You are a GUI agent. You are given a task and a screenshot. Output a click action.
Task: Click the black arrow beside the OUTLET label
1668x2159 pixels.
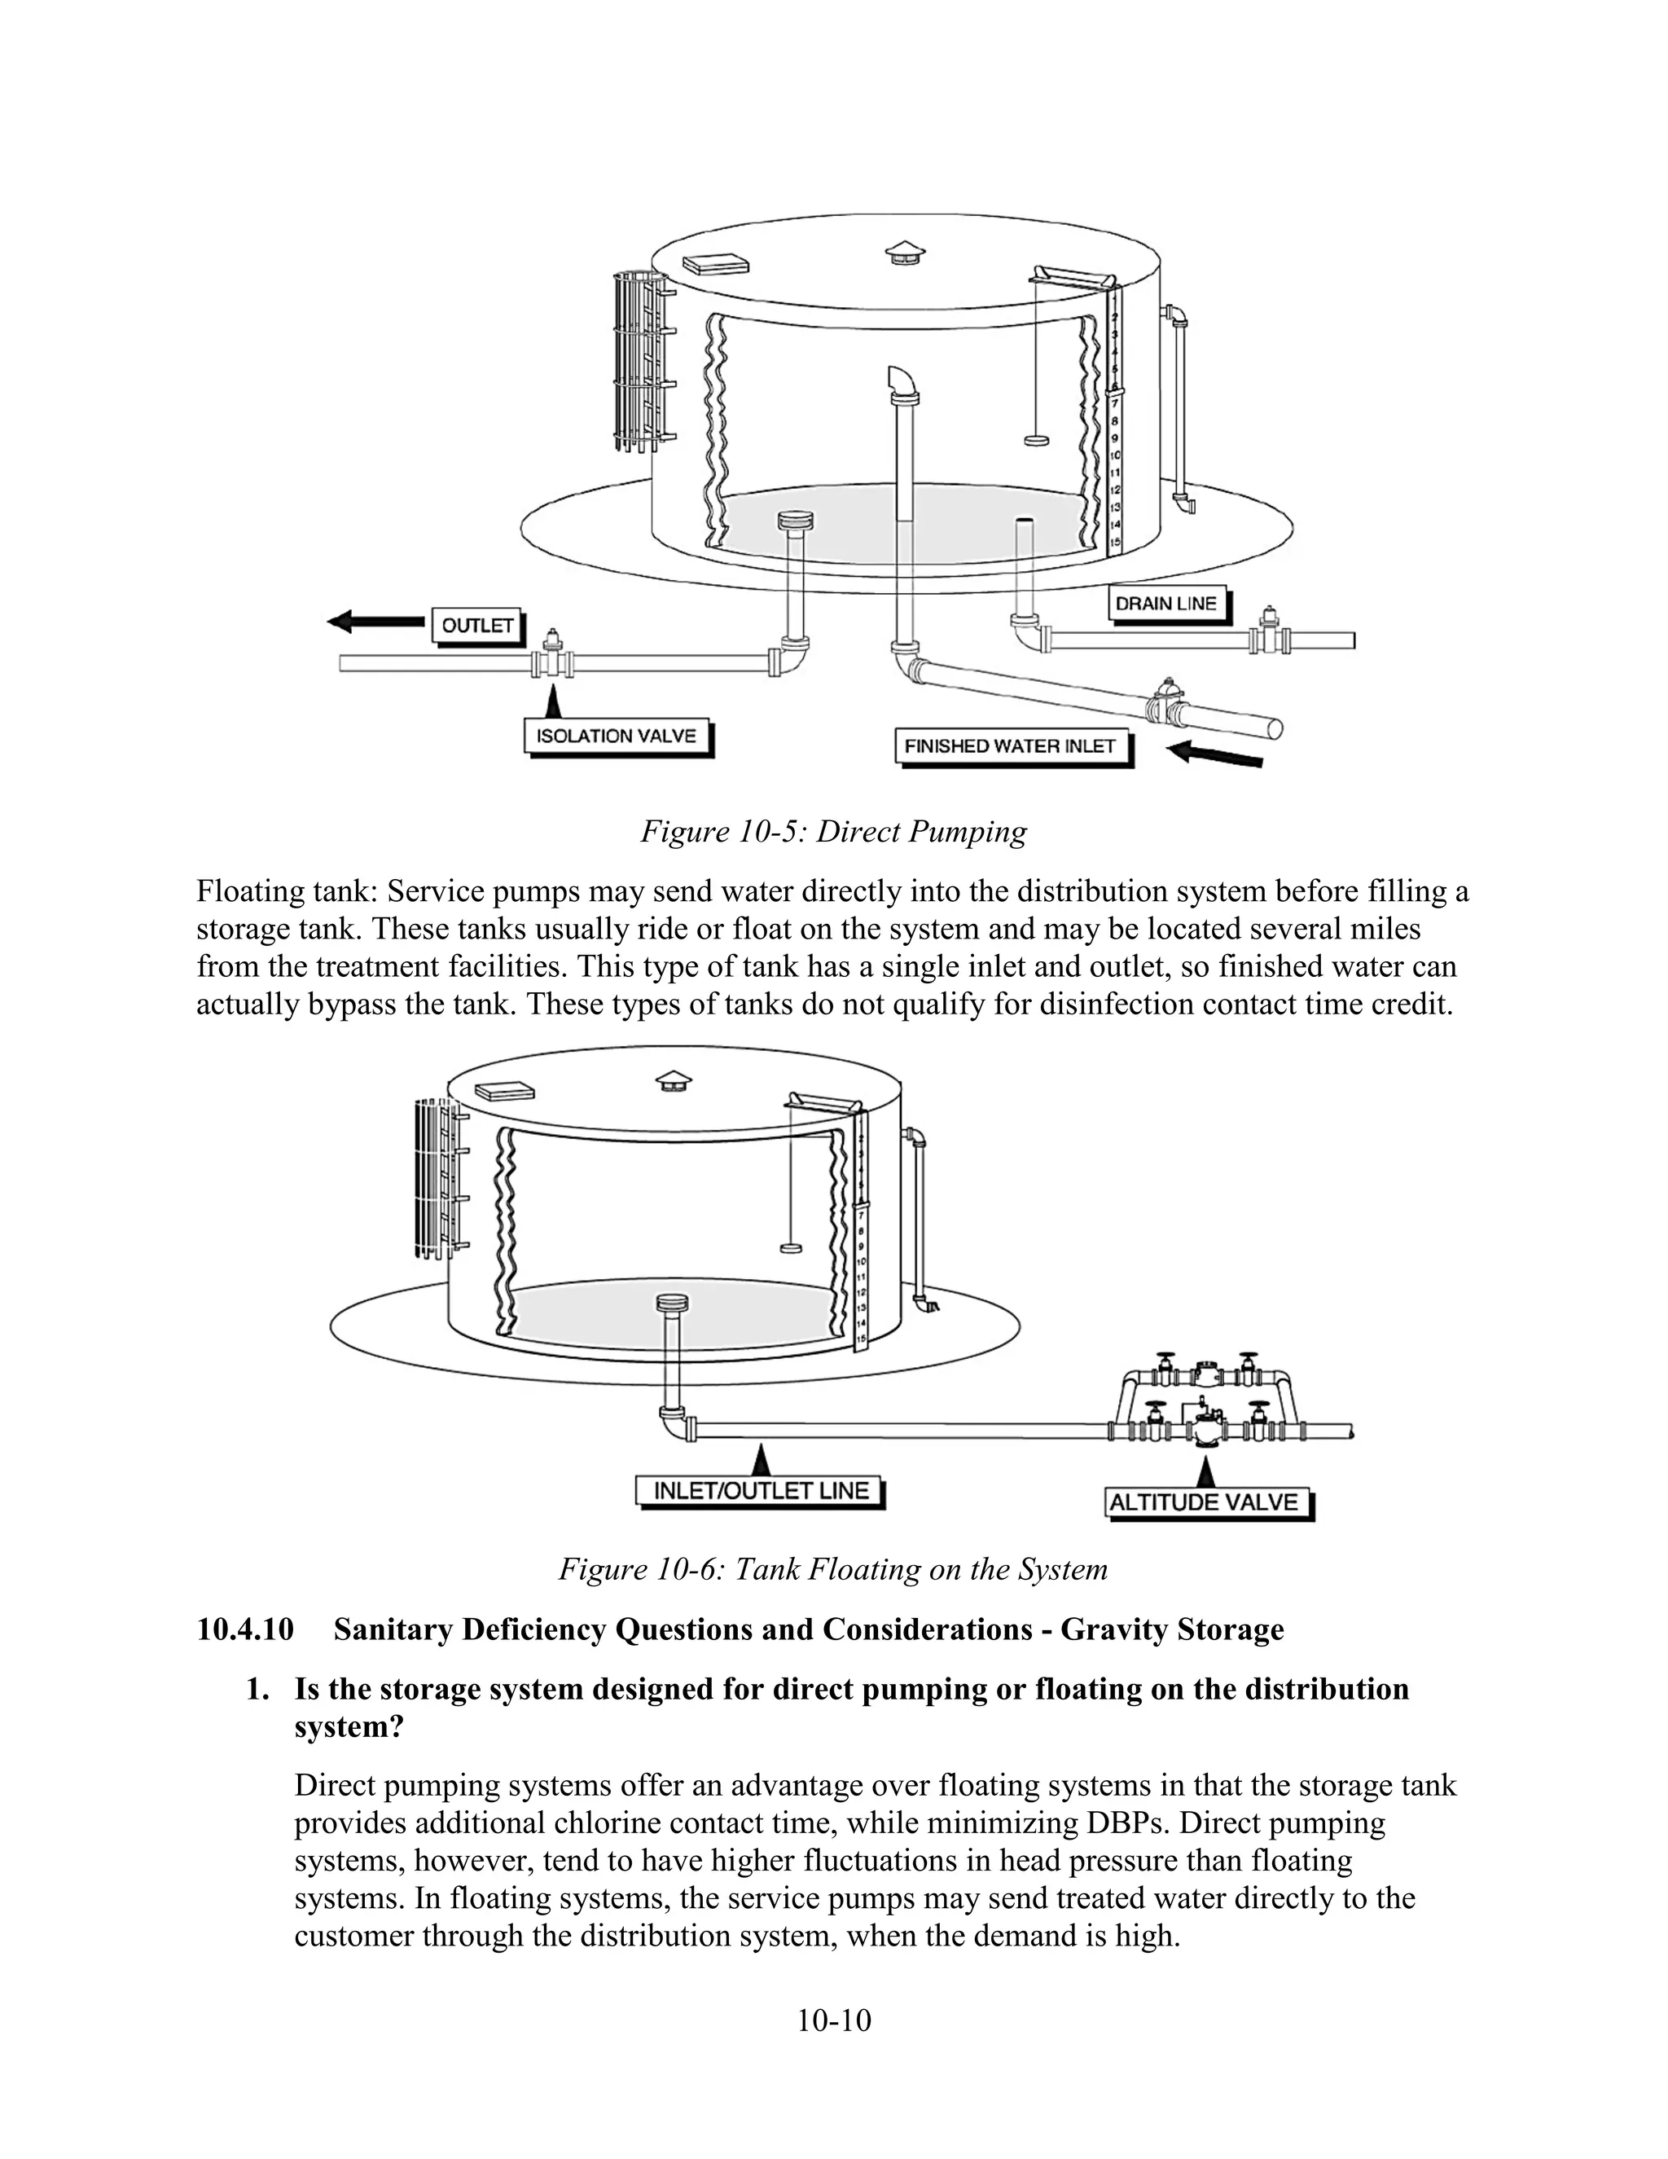tap(375, 622)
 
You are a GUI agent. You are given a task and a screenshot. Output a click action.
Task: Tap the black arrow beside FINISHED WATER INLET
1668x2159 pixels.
tap(1214, 755)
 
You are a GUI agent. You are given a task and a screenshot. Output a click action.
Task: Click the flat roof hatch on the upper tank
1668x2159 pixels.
tap(714, 263)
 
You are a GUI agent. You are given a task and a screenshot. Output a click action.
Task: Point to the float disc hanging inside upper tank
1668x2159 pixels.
tap(1036, 438)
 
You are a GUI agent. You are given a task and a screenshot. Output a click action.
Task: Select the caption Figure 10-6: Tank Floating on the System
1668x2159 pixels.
tap(833, 1569)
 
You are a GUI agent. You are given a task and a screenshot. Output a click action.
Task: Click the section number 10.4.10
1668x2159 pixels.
tap(245, 1630)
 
